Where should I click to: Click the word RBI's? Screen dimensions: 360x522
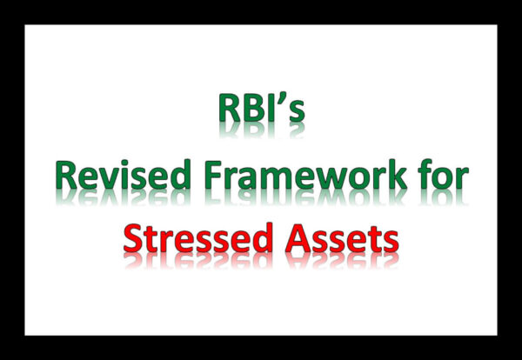point(260,110)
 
